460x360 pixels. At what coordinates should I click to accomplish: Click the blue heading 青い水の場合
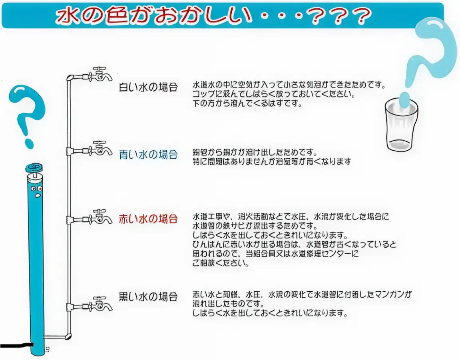(x=148, y=155)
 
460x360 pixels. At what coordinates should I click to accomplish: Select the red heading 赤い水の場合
(x=148, y=219)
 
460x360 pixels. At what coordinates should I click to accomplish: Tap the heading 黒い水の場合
(x=148, y=297)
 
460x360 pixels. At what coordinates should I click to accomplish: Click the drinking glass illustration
(x=401, y=126)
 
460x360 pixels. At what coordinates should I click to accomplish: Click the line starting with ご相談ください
(x=220, y=263)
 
